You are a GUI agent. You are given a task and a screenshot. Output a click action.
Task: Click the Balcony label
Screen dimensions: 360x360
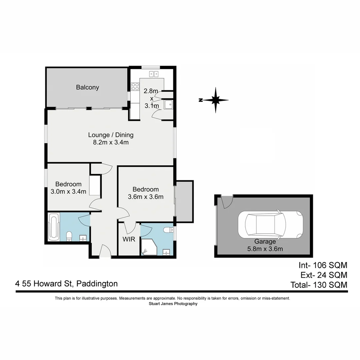tap(87, 87)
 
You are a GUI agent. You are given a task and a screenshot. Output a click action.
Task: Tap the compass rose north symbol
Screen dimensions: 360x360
tap(215, 100)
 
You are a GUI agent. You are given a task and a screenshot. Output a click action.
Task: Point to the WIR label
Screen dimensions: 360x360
tap(129, 239)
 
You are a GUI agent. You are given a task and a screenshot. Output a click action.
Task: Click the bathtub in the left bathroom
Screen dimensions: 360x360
tap(53, 227)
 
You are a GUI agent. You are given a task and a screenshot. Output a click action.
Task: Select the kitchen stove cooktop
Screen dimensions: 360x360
tap(135, 87)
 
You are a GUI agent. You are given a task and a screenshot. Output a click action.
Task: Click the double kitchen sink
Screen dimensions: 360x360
tap(154, 74)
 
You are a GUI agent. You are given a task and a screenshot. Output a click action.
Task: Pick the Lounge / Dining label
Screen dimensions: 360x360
tap(111, 135)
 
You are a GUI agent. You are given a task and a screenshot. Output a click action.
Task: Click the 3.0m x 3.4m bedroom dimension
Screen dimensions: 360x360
tap(68, 192)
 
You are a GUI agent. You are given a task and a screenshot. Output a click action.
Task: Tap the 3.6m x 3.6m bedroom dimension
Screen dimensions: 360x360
tap(146, 197)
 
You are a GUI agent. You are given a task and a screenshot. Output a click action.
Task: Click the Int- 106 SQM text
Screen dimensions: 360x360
tap(323, 265)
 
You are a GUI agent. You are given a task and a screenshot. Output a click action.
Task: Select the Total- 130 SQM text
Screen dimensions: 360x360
tap(319, 285)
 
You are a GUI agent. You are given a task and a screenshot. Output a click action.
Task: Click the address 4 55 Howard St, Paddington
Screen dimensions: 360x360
tap(66, 284)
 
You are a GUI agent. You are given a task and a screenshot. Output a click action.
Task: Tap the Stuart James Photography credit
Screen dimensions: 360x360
tap(173, 304)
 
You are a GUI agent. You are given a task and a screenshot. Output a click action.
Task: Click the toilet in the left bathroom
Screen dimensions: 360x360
tap(69, 236)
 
